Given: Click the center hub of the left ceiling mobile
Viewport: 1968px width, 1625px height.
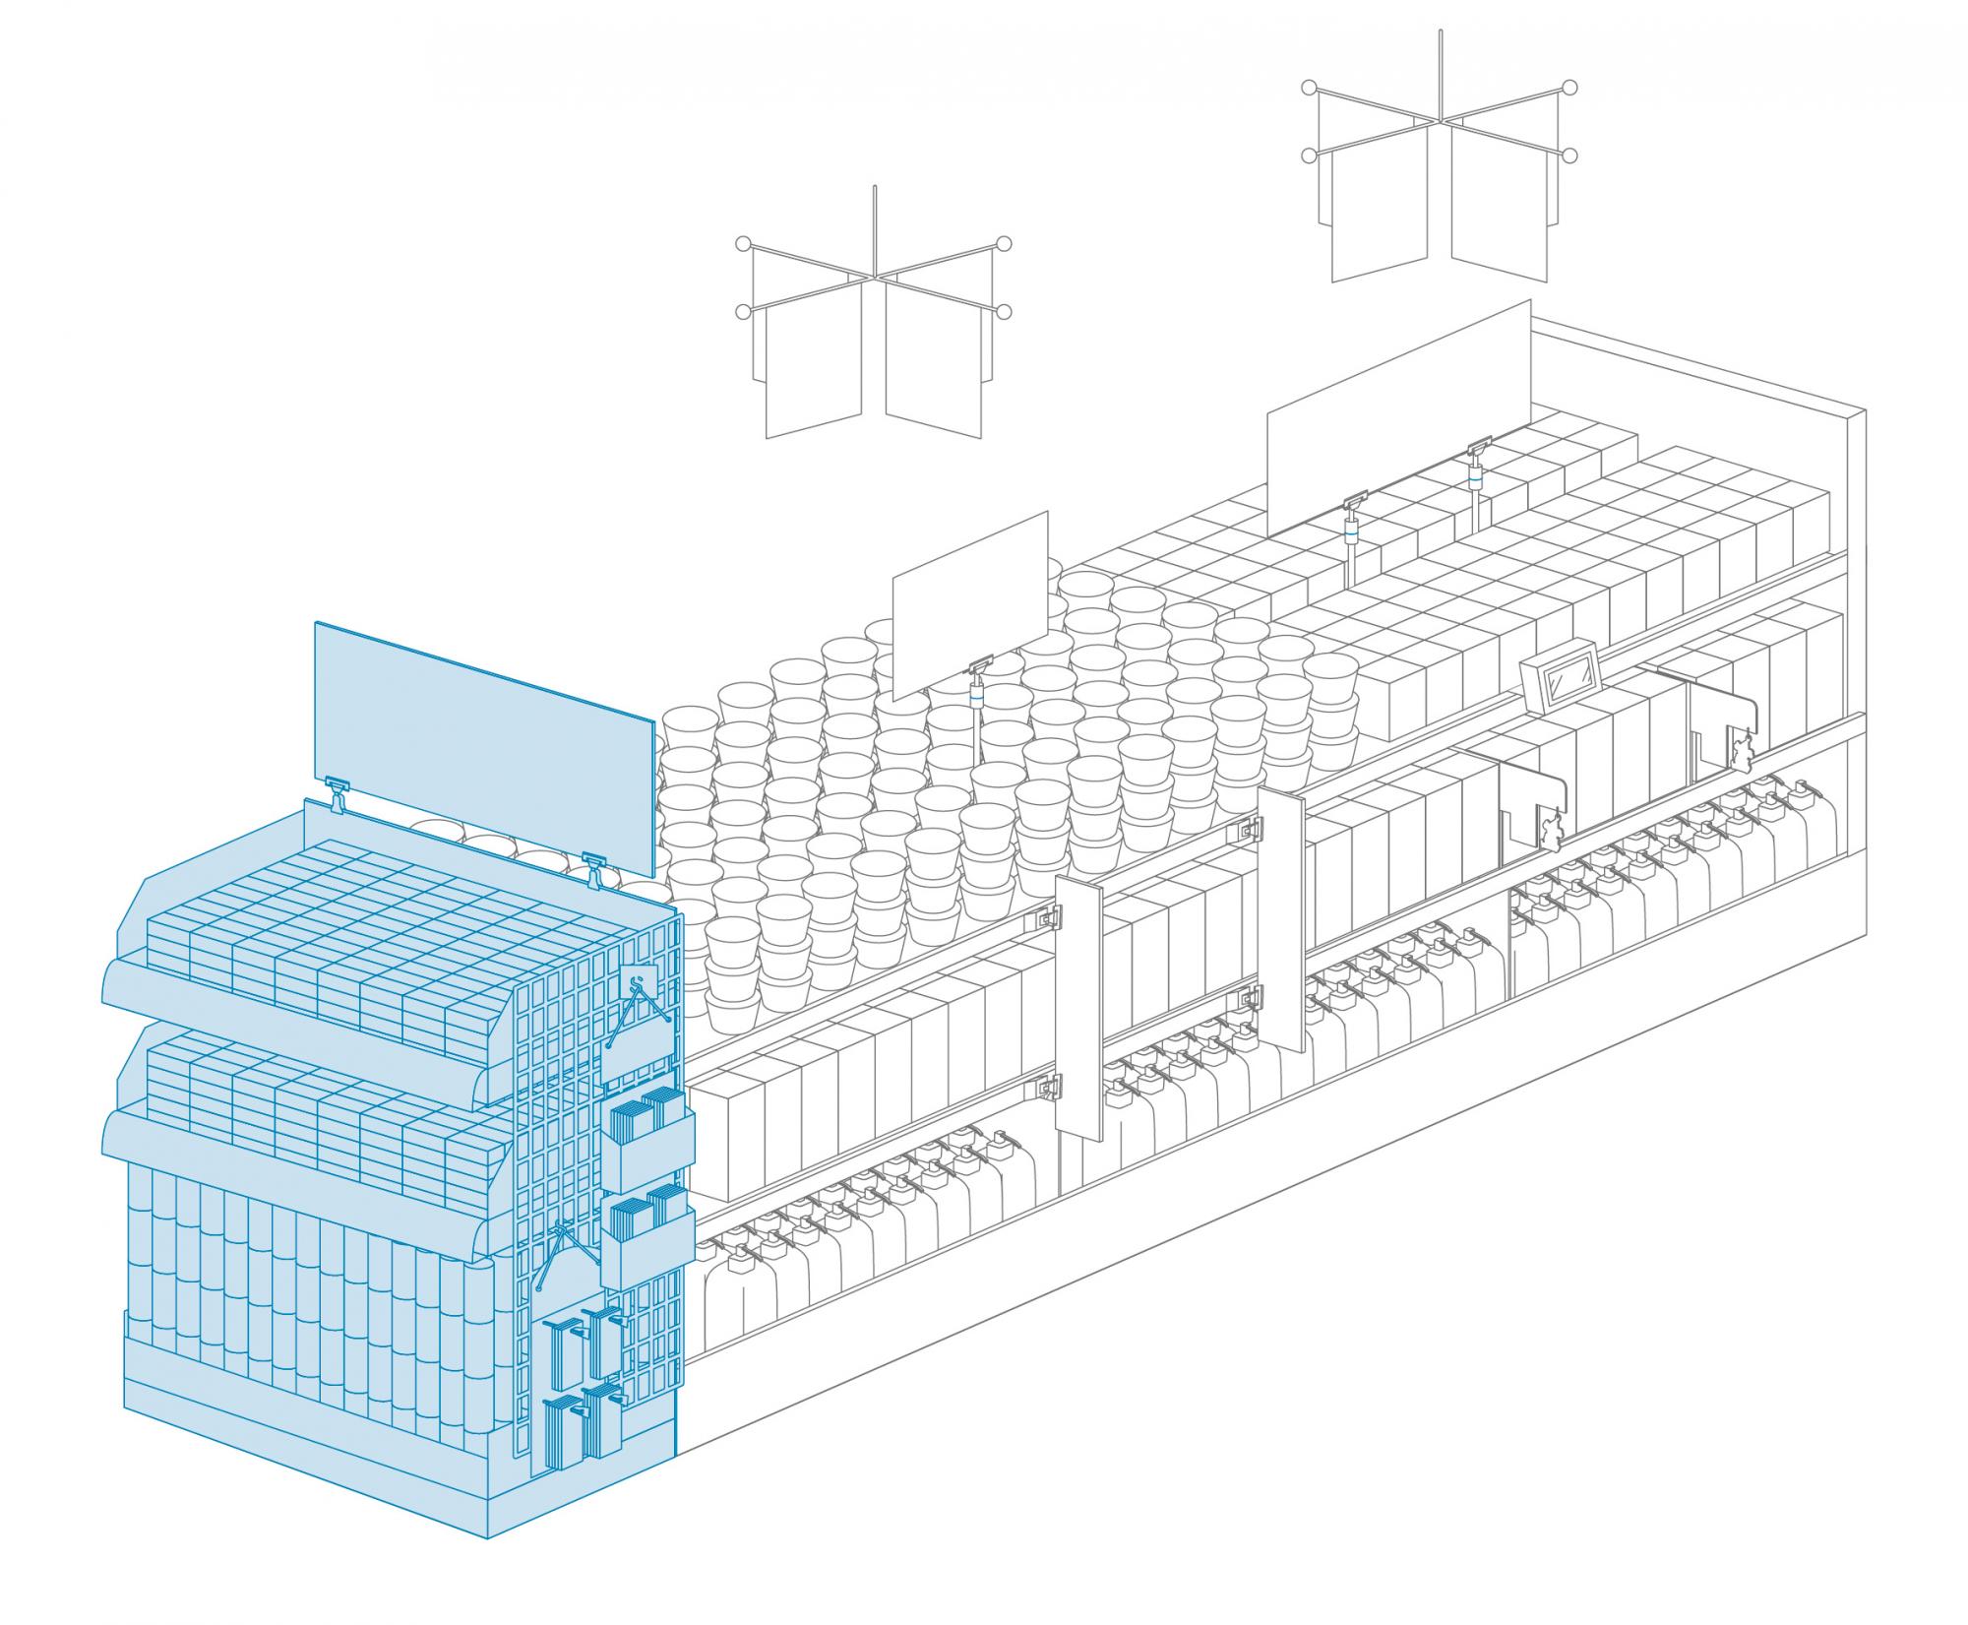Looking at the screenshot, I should click(874, 278).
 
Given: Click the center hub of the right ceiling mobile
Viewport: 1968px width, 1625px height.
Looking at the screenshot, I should click(1440, 122).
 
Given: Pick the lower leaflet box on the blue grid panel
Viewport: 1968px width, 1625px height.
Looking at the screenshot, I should click(646, 1243).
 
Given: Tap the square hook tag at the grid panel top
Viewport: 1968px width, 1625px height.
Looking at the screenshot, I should click(641, 983).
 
